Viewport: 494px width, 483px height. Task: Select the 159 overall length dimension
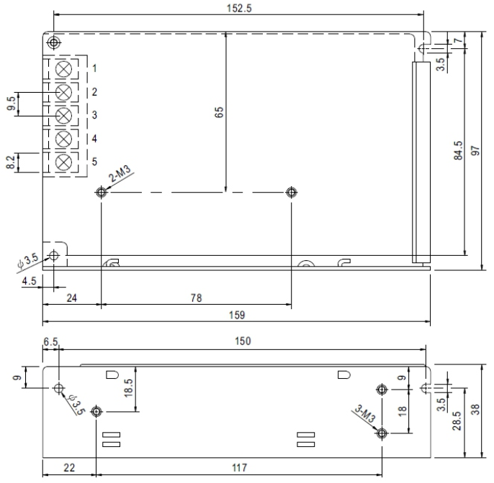coord(236,315)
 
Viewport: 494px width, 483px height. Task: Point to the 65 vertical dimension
coord(219,111)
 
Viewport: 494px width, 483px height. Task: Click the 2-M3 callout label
coord(120,175)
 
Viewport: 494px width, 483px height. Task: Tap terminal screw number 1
coord(63,69)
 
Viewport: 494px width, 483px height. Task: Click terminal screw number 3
coord(63,115)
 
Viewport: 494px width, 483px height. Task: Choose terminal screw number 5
coord(63,161)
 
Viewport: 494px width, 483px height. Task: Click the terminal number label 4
coord(94,138)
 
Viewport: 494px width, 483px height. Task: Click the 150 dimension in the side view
coord(243,341)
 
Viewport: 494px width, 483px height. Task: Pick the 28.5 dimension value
coord(457,421)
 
